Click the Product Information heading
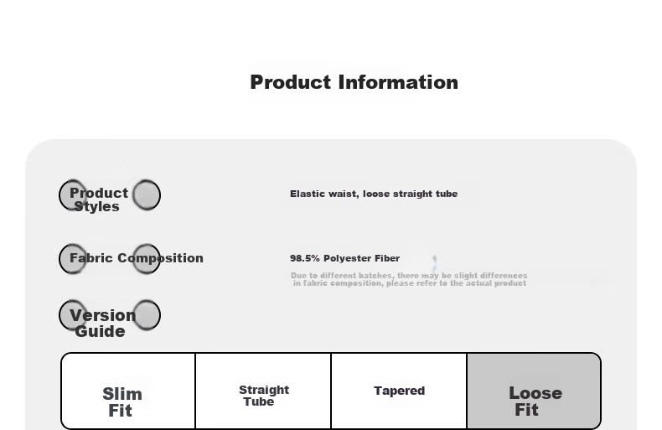(x=354, y=82)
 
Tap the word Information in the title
(x=398, y=82)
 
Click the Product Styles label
(x=98, y=199)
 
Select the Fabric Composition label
(x=136, y=258)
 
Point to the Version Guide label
(x=101, y=323)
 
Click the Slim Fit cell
(x=122, y=402)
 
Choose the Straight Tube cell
(x=263, y=396)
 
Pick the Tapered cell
(x=399, y=391)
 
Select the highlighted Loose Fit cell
(x=534, y=401)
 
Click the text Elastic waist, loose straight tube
(x=374, y=194)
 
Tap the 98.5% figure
(x=304, y=258)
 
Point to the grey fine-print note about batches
(x=409, y=279)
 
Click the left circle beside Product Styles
(x=73, y=194)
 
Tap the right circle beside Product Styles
(x=146, y=194)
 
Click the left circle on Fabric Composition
(x=73, y=258)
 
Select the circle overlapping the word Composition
(x=146, y=258)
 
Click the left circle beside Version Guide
(x=73, y=315)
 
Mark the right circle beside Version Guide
(x=146, y=315)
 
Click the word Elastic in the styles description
(x=307, y=194)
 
